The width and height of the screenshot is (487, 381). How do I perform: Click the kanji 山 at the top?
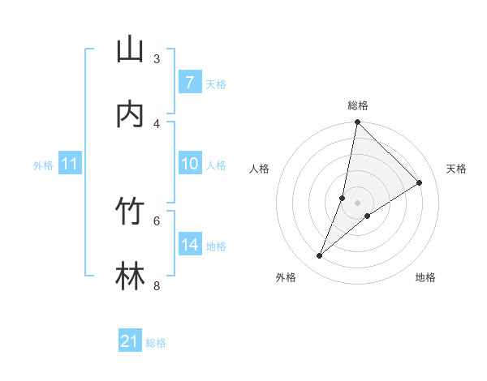click(130, 49)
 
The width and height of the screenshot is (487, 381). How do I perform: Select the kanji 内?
click(130, 114)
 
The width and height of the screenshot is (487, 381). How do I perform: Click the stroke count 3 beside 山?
click(157, 58)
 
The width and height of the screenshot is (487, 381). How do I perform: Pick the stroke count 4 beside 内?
click(157, 123)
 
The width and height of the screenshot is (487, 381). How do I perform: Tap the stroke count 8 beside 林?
click(157, 285)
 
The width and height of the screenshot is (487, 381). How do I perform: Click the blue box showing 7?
click(190, 83)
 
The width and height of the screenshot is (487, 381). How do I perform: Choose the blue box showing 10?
click(190, 164)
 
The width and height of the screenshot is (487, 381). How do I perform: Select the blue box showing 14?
click(190, 245)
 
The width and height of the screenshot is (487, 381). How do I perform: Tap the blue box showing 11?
click(70, 165)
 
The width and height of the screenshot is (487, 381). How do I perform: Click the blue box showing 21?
click(130, 341)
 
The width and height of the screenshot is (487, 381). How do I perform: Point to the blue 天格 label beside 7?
click(216, 83)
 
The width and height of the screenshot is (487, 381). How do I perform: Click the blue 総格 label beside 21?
click(156, 343)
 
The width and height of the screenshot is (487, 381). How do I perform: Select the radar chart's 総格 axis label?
click(357, 105)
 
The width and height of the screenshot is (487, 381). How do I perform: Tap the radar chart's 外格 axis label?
click(286, 277)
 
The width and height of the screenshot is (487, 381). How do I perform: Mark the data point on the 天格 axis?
click(420, 183)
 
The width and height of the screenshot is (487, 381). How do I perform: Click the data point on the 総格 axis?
click(357, 122)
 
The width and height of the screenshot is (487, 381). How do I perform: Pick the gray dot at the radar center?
click(357, 203)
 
